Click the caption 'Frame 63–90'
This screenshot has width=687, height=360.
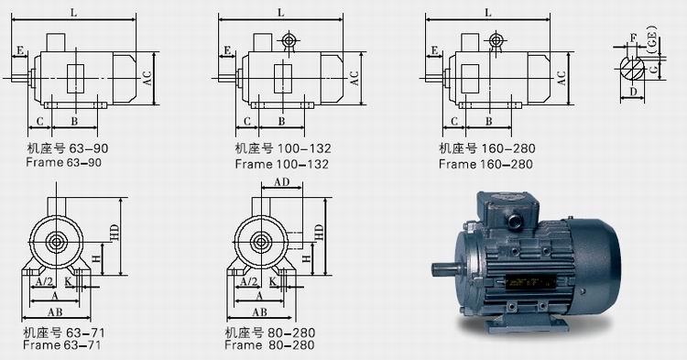pos(63,162)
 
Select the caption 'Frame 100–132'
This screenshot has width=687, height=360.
pos(282,164)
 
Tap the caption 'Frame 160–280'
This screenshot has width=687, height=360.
pos(485,164)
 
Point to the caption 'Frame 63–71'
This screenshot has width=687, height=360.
pos(61,344)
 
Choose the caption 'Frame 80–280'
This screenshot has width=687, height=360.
pos(269,344)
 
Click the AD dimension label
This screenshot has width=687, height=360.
pos(282,181)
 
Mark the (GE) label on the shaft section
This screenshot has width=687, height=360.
pos(653,39)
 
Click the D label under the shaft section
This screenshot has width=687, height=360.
pos(633,92)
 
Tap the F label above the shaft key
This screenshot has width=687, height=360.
pos(633,38)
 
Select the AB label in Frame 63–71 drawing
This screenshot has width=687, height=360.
pos(55,311)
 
